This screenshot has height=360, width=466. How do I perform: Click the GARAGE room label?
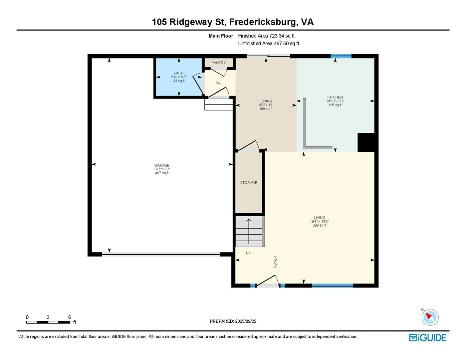pos(162,165)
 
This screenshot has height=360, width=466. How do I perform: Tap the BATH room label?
pos(179,73)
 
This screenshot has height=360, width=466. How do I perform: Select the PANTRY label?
pos(219,63)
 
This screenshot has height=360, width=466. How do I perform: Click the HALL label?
pos(220,83)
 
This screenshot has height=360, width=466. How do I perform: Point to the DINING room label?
pos(266,101)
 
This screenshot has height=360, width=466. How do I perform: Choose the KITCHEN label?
pos(335,97)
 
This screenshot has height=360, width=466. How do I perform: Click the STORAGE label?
pos(249,183)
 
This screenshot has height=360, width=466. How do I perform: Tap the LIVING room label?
pos(319,218)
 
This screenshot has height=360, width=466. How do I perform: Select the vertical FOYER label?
pos(275,262)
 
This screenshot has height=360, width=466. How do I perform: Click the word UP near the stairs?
pos(248,253)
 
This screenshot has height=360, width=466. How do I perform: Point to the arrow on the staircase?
pos(249,231)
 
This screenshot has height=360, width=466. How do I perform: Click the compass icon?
pos(430,317)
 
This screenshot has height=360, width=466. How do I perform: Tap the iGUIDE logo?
pos(428,338)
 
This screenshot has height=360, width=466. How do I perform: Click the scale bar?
pos(48,322)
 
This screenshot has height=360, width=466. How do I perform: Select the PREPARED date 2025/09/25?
pos(246,321)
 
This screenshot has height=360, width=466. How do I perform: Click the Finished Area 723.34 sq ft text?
pos(266,36)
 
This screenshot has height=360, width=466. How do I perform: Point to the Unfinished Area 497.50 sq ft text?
pos(269,44)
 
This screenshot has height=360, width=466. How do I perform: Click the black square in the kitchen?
pos(366,142)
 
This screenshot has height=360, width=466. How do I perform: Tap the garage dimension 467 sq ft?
pos(162,173)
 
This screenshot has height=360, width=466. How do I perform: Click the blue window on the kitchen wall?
pos(341,56)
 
